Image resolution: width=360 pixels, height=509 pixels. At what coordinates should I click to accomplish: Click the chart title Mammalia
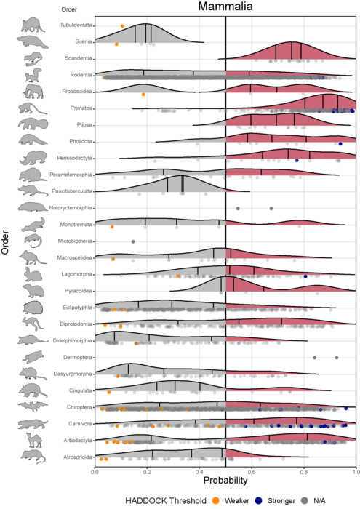click(x=225, y=8)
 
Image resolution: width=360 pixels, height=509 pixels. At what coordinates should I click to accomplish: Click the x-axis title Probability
click(x=225, y=481)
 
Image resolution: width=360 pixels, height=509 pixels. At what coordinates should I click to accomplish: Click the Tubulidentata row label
click(x=74, y=25)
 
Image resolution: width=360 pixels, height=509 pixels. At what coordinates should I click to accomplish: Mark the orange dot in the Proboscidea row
click(x=143, y=95)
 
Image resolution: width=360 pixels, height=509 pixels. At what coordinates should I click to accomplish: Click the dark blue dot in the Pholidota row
click(x=340, y=144)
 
